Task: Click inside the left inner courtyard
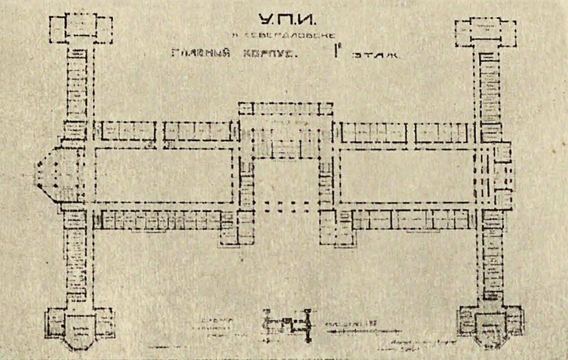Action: pyautogui.click(x=164, y=175)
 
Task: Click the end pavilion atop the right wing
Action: pyautogui.click(x=485, y=32)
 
